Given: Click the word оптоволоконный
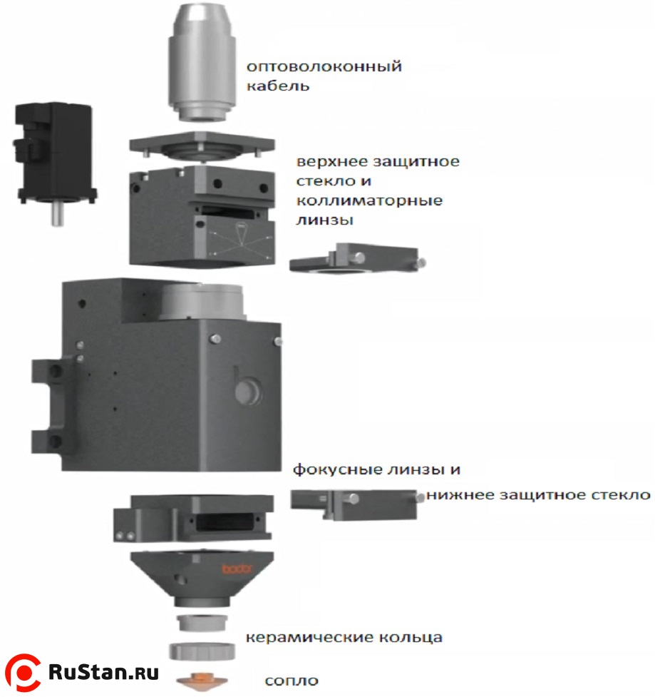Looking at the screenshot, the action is (x=324, y=67).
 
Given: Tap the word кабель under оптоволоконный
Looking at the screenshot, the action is (x=278, y=86).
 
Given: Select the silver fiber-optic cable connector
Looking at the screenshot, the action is (x=202, y=62).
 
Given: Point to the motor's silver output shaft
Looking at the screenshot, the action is (x=57, y=214).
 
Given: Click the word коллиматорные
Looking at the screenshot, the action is (x=369, y=201).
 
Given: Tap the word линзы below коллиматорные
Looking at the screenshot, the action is (x=324, y=220).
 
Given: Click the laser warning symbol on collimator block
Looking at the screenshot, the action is (x=241, y=233).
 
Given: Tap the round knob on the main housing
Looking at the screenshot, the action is (x=244, y=390).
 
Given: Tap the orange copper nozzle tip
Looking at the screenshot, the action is (x=202, y=681).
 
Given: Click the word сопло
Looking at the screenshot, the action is (x=292, y=681).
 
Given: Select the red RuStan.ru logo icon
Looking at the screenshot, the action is (x=22, y=673).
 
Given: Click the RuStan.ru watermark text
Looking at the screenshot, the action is (x=103, y=672).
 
